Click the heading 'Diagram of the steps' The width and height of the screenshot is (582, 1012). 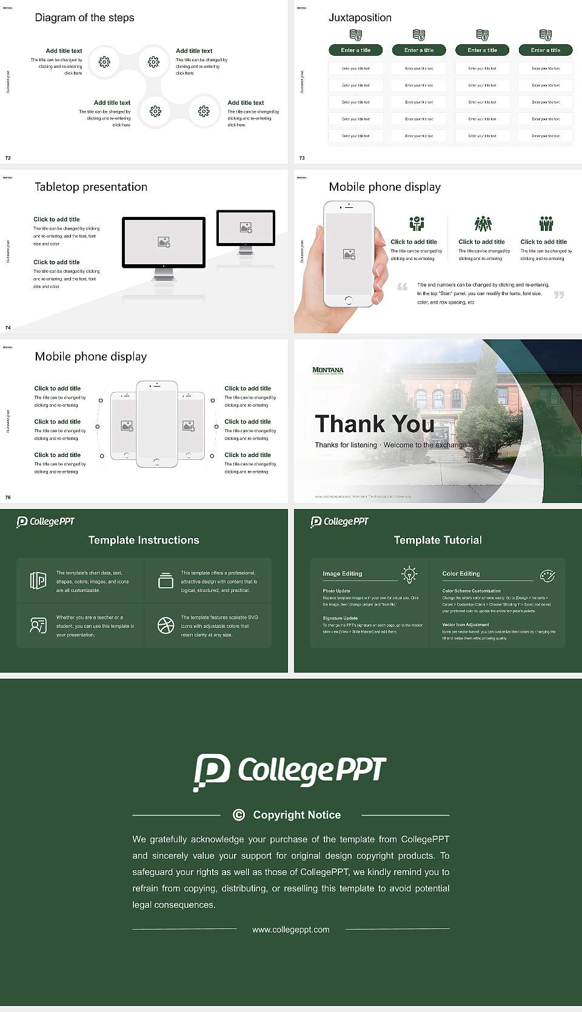(x=84, y=18)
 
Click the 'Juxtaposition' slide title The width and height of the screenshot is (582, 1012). (x=360, y=18)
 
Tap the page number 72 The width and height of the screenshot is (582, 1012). (x=8, y=158)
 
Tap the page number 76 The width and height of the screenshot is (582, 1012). (x=8, y=497)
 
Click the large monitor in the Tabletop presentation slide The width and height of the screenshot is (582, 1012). (x=164, y=242)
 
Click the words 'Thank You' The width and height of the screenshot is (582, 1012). (x=374, y=424)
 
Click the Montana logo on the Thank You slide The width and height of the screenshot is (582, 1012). (x=327, y=370)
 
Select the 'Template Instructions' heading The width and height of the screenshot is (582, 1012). (x=144, y=540)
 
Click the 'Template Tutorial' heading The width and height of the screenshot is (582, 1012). (x=438, y=540)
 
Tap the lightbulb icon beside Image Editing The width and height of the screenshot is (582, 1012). (x=409, y=574)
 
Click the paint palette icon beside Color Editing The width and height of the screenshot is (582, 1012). (x=547, y=575)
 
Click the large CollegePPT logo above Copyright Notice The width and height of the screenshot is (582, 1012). (x=290, y=771)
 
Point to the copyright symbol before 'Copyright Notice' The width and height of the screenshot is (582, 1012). (x=239, y=815)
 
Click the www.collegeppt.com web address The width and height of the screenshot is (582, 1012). (x=291, y=930)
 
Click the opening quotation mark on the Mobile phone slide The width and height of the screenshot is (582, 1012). (x=402, y=287)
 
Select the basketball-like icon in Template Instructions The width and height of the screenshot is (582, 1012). (x=166, y=625)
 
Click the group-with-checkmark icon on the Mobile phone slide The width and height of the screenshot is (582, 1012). (x=416, y=224)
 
